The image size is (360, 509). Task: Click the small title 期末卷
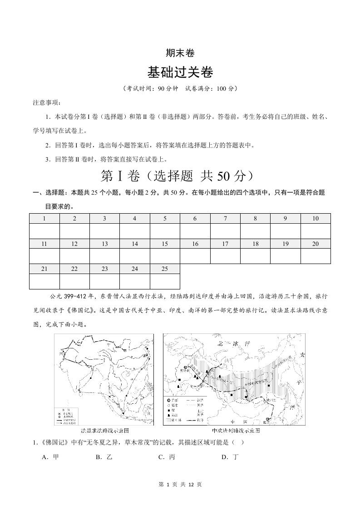tap(180, 53)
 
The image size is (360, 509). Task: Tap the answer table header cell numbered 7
tap(225, 219)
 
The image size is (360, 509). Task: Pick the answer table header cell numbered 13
tap(104, 244)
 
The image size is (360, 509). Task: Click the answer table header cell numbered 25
tap(165, 269)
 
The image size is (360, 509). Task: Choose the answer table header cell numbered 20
tap(315, 244)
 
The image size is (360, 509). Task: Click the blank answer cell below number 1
tap(44, 231)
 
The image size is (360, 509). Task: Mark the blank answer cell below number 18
tap(255, 256)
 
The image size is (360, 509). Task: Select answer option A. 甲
tap(50, 457)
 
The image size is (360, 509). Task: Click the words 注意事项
tap(47, 103)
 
